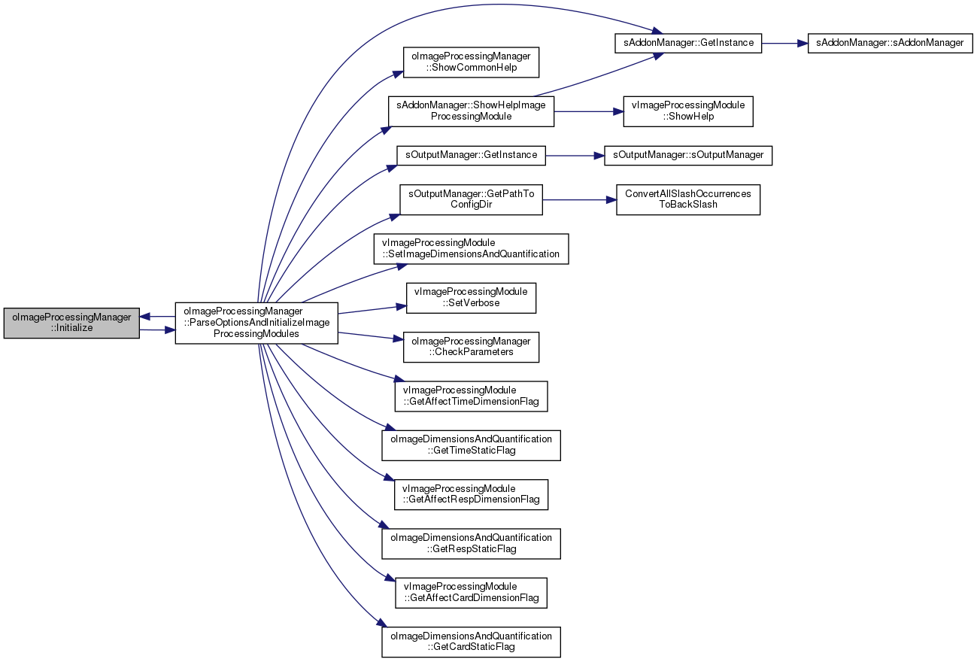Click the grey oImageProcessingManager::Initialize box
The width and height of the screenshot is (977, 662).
71,323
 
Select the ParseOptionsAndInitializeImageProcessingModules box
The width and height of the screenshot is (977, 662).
256,323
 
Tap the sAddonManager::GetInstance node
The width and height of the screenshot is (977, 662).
688,43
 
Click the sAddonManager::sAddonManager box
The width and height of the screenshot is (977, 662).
891,43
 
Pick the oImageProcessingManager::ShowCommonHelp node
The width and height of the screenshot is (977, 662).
471,62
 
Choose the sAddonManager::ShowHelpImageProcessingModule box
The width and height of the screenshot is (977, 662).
471,112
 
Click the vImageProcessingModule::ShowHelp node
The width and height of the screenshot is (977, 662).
688,112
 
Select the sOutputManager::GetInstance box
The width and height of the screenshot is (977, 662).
471,156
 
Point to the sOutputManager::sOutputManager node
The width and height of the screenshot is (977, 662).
688,156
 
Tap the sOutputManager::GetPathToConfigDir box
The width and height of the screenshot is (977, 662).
471,200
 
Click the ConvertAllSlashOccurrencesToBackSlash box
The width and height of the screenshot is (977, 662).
688,200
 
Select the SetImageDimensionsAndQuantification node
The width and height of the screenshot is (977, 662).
471,249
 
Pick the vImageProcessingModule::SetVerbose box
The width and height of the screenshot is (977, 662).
471,298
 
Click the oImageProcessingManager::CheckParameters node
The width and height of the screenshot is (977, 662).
471,348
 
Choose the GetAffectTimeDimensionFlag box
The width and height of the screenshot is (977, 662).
471,396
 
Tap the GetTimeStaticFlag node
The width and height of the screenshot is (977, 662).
471,445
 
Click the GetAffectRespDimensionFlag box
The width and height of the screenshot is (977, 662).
471,495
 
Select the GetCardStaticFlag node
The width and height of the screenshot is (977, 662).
471,642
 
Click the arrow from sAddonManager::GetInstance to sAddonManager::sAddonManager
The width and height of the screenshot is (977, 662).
785,43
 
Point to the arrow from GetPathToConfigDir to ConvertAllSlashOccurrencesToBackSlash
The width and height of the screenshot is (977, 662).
579,200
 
